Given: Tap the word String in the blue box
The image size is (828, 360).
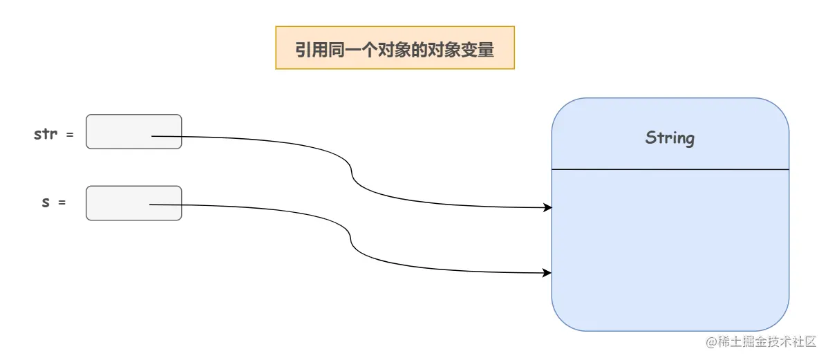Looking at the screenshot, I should (x=669, y=138).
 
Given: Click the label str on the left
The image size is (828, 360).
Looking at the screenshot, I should (x=46, y=133).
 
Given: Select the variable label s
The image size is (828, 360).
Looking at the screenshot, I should (x=46, y=202).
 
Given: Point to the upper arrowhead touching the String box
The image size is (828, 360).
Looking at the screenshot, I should (x=548, y=207).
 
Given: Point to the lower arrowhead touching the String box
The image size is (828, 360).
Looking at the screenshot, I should (x=547, y=273).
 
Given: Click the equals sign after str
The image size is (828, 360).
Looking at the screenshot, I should (x=69, y=135).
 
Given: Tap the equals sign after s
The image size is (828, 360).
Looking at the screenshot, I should (x=62, y=203).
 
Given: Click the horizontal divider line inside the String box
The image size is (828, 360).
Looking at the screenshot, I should (x=669, y=169).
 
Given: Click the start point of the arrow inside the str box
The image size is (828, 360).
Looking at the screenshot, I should (x=153, y=136).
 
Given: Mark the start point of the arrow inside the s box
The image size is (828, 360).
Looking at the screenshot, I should (x=151, y=205).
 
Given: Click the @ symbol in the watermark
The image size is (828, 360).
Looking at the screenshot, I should (x=709, y=341).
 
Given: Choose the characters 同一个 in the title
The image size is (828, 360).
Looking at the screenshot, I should (x=345, y=50).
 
